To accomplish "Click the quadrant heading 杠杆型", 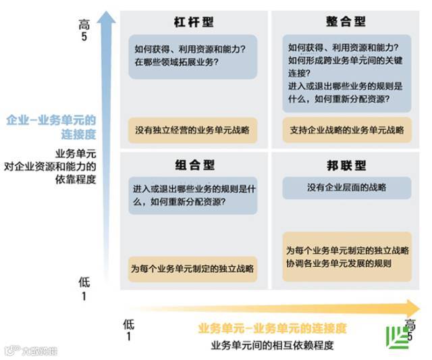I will coord(193,22).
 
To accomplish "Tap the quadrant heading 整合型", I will coord(345,22).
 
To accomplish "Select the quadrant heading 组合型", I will coord(193,165).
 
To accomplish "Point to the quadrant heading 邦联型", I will coord(345,165).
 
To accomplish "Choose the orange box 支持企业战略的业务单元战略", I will coord(346,130).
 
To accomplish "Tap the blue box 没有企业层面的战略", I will coord(346,187).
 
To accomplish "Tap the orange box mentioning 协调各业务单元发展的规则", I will coord(346,257).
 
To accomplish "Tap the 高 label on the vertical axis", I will coord(84,24).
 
